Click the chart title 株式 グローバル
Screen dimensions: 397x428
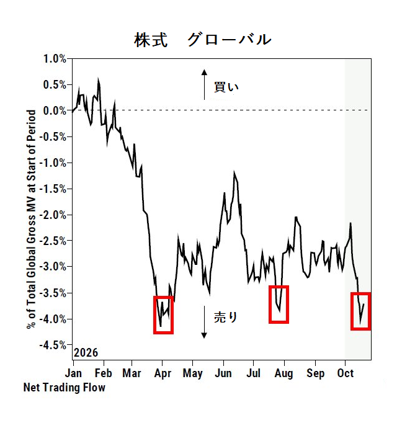click(203, 40)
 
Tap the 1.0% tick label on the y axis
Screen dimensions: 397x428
click(55, 59)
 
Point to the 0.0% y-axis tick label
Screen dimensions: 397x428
click(55, 111)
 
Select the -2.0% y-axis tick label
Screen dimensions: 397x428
click(53, 215)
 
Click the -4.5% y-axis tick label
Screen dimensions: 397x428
click(53, 346)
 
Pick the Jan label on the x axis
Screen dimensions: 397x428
click(73, 373)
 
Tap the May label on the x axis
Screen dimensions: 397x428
click(193, 373)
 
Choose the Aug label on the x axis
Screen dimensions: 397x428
click(283, 373)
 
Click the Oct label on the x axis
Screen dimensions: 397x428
click(346, 373)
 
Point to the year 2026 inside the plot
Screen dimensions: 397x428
click(86, 353)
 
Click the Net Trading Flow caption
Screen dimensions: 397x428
click(65, 387)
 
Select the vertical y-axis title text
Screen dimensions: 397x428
click(31, 220)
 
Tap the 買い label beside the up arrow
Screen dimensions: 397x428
click(226, 87)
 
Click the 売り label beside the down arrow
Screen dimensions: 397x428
click(226, 317)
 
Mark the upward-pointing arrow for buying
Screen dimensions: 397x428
click(204, 84)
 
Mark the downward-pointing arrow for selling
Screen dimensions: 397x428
click(204, 322)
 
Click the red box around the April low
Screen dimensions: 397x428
click(154, 314)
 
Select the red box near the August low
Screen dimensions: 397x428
click(270, 305)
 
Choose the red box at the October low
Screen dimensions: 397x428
click(352, 311)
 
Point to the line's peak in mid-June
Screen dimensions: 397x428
click(234, 172)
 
